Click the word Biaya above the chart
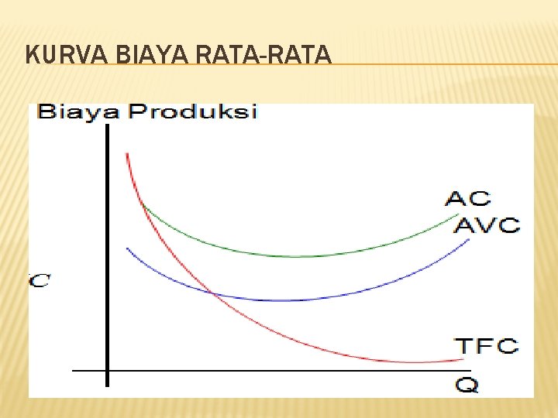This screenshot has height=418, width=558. click(x=77, y=112)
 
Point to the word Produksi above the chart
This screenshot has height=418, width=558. click(x=192, y=112)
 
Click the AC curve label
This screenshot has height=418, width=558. click(x=467, y=198)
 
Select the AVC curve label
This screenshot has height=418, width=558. click(x=486, y=225)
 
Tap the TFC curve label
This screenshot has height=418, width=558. click(x=486, y=345)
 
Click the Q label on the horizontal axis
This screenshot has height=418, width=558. click(x=467, y=383)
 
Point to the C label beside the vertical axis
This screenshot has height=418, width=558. click(x=40, y=280)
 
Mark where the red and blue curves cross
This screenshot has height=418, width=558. click(x=212, y=293)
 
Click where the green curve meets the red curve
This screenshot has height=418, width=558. click(x=143, y=203)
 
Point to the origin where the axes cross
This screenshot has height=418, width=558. click(x=107, y=370)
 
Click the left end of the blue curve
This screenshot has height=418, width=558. click(x=128, y=248)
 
